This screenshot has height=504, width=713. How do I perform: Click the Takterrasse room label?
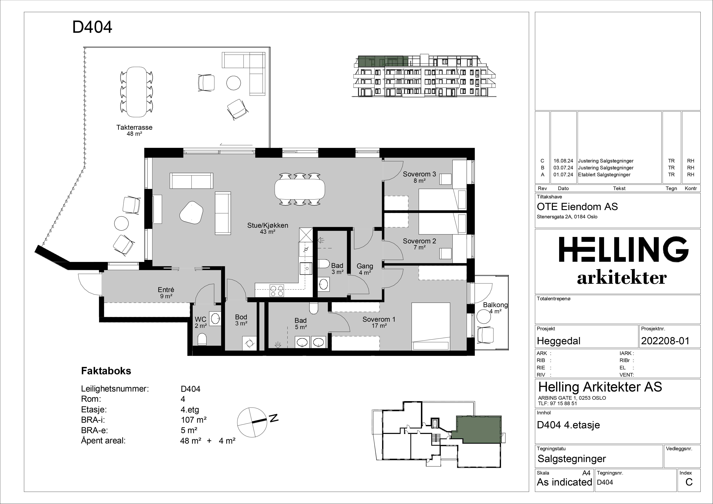coord(134,127)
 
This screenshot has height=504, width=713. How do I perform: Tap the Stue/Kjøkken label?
coord(268,225)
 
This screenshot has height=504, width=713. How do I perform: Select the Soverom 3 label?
coord(420,174)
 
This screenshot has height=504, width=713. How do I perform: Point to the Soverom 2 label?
coord(420,241)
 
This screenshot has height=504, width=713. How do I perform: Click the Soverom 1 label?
coord(379,319)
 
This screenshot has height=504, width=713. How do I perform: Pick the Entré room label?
coord(166,290)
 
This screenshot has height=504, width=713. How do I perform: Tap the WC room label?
coord(201,319)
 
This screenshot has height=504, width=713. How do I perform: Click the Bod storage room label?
coord(241,317)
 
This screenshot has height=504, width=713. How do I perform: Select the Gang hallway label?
coord(365,266)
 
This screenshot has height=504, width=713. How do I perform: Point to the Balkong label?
coord(495,305)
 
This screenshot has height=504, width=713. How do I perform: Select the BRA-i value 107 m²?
coord(194,420)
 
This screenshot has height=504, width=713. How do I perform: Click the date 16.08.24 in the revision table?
coord(563,161)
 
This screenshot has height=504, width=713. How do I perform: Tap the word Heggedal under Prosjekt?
coord(559,341)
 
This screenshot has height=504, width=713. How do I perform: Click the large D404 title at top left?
coord(92,27)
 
